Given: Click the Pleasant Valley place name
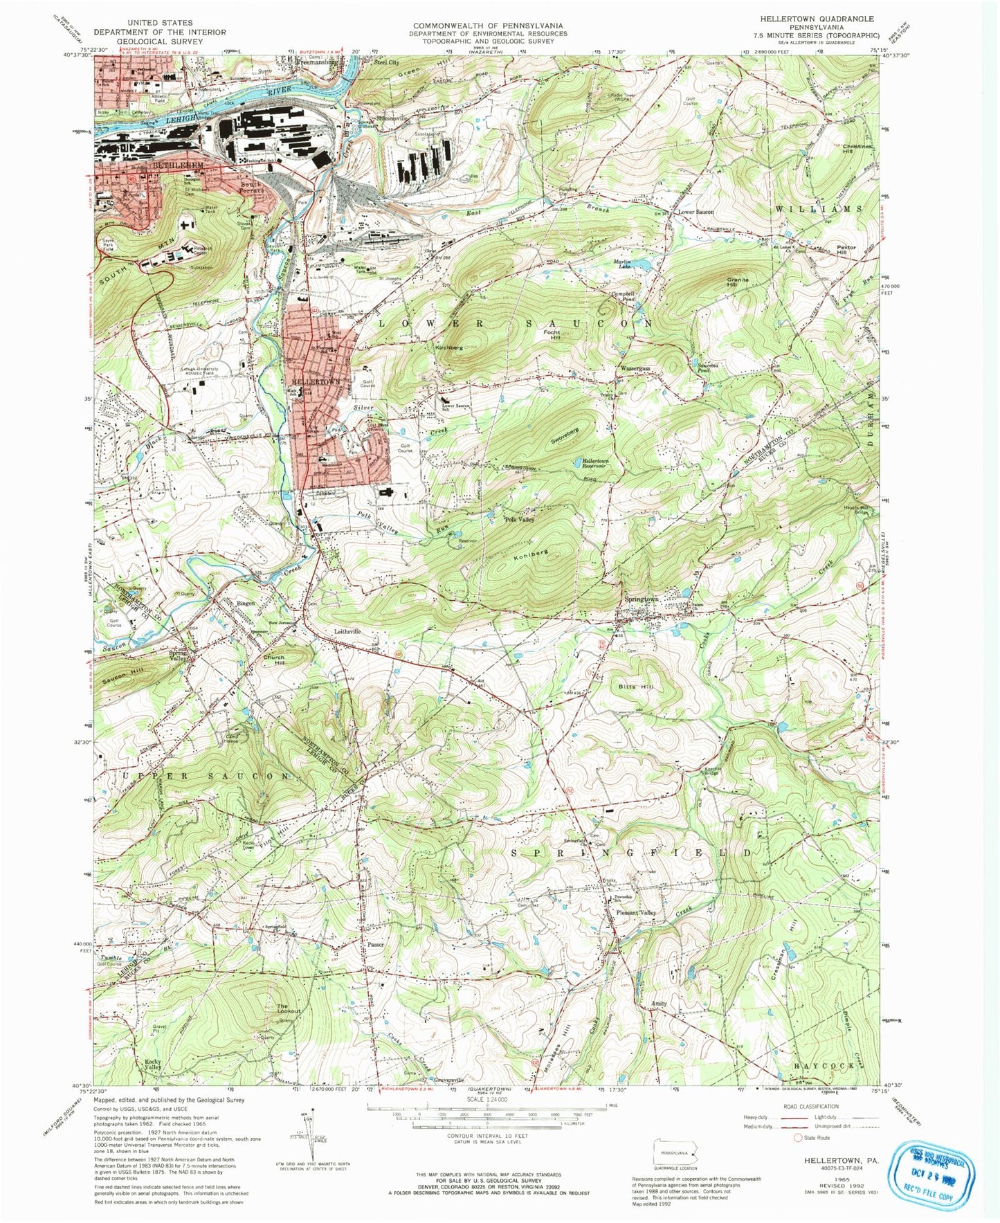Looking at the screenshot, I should [635, 913].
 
